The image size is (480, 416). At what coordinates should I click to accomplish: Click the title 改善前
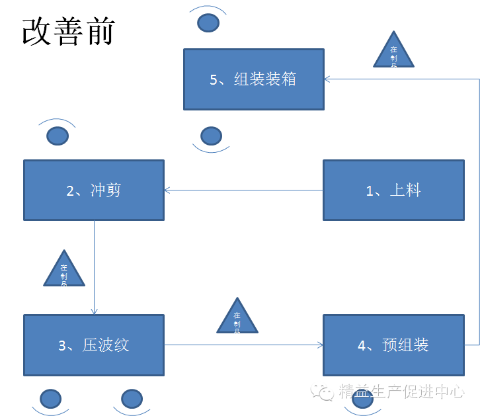[x=68, y=30]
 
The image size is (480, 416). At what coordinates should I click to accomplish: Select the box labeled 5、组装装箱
[x=253, y=79]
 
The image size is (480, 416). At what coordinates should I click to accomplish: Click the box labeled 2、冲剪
[x=94, y=190]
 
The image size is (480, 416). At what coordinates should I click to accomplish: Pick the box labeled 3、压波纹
[x=94, y=345]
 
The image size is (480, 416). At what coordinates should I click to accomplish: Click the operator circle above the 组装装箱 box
[x=208, y=22]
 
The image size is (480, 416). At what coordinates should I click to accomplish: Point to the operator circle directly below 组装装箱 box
[x=211, y=136]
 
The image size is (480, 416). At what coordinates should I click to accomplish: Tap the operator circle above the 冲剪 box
[x=58, y=136]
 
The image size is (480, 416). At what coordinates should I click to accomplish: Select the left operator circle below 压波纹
[x=51, y=398]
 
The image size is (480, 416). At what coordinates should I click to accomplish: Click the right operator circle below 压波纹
[x=132, y=398]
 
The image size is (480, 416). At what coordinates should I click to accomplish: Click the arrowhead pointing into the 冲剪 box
[x=167, y=190]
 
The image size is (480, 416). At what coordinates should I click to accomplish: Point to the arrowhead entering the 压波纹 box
[x=94, y=311]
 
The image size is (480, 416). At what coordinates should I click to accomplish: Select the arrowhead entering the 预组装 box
[x=320, y=345]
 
